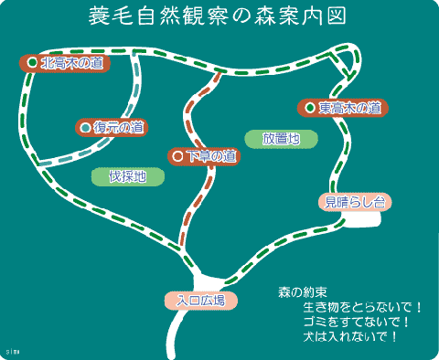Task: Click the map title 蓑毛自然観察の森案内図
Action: pos(218,18)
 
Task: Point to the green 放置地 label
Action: pos(281,139)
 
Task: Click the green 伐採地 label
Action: pos(127,176)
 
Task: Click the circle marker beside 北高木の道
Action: pos(32,63)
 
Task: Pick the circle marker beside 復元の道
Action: pos(86,128)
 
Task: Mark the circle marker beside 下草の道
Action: pos(178,156)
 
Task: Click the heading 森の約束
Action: pos(303,293)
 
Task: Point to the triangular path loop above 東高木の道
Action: pos(345,61)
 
